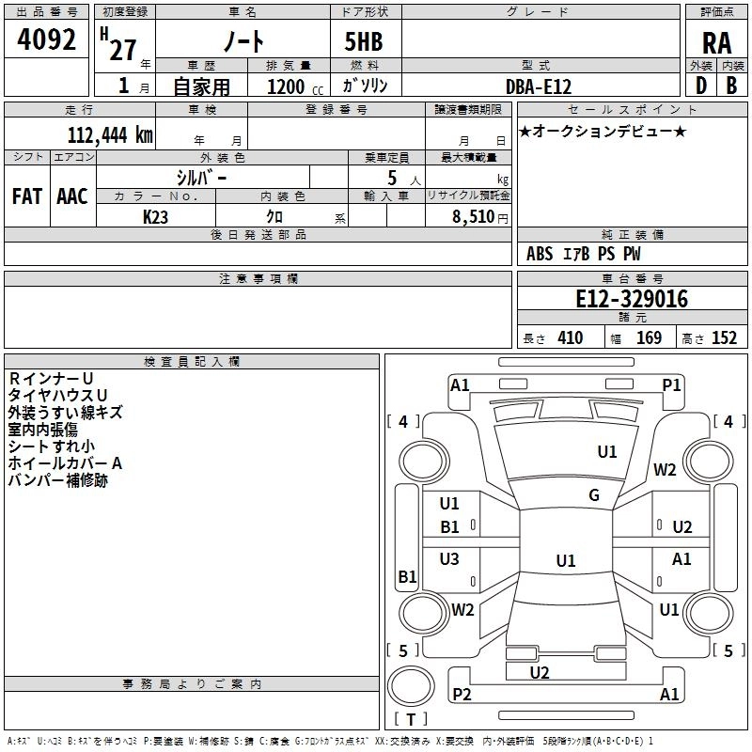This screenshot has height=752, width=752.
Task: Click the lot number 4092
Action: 47,40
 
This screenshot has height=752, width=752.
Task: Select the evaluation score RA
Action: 716,43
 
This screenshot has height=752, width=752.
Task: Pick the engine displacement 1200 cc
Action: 286,86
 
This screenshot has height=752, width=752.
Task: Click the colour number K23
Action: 156,215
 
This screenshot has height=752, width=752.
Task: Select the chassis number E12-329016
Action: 632,300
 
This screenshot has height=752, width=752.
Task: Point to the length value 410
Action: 570,337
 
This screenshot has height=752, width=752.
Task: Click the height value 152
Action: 724,337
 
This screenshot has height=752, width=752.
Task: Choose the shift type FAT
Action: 26,196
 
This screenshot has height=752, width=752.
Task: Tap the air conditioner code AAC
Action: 71,196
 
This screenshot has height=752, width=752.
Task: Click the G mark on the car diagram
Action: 594,495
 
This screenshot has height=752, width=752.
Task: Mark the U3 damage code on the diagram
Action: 449,559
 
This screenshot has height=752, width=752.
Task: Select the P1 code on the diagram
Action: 671,384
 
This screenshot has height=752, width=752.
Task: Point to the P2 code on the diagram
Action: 462,694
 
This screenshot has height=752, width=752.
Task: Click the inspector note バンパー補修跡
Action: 58,480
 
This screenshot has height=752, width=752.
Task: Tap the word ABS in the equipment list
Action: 540,254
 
